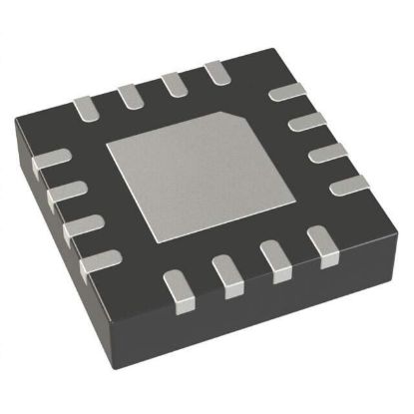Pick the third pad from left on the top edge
[173, 83]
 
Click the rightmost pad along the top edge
[213, 72]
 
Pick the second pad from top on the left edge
[63, 191]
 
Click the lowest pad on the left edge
[97, 261]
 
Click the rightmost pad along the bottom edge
[318, 239]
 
